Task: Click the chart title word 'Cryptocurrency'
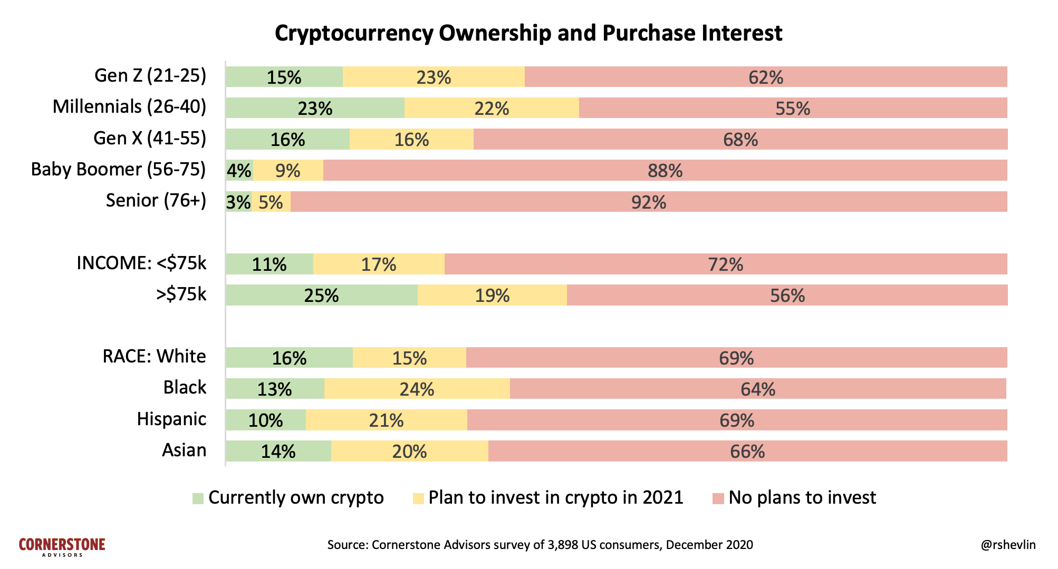[354, 34]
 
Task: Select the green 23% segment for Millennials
[315, 108]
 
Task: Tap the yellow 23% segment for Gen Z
[434, 77]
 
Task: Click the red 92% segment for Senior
[649, 202]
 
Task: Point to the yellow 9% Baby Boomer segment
[288, 171]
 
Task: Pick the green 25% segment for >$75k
[321, 295]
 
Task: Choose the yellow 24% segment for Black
[417, 389]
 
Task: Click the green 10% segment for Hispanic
[265, 420]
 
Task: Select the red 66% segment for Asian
[747, 452]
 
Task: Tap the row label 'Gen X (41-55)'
[150, 138]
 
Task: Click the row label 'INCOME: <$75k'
[141, 263]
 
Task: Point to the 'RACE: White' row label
[154, 357]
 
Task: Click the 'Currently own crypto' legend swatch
[198, 498]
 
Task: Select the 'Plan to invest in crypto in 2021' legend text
[555, 498]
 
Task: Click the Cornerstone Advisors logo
[62, 546]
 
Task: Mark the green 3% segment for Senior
[238, 202]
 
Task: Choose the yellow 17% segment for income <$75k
[379, 264]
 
